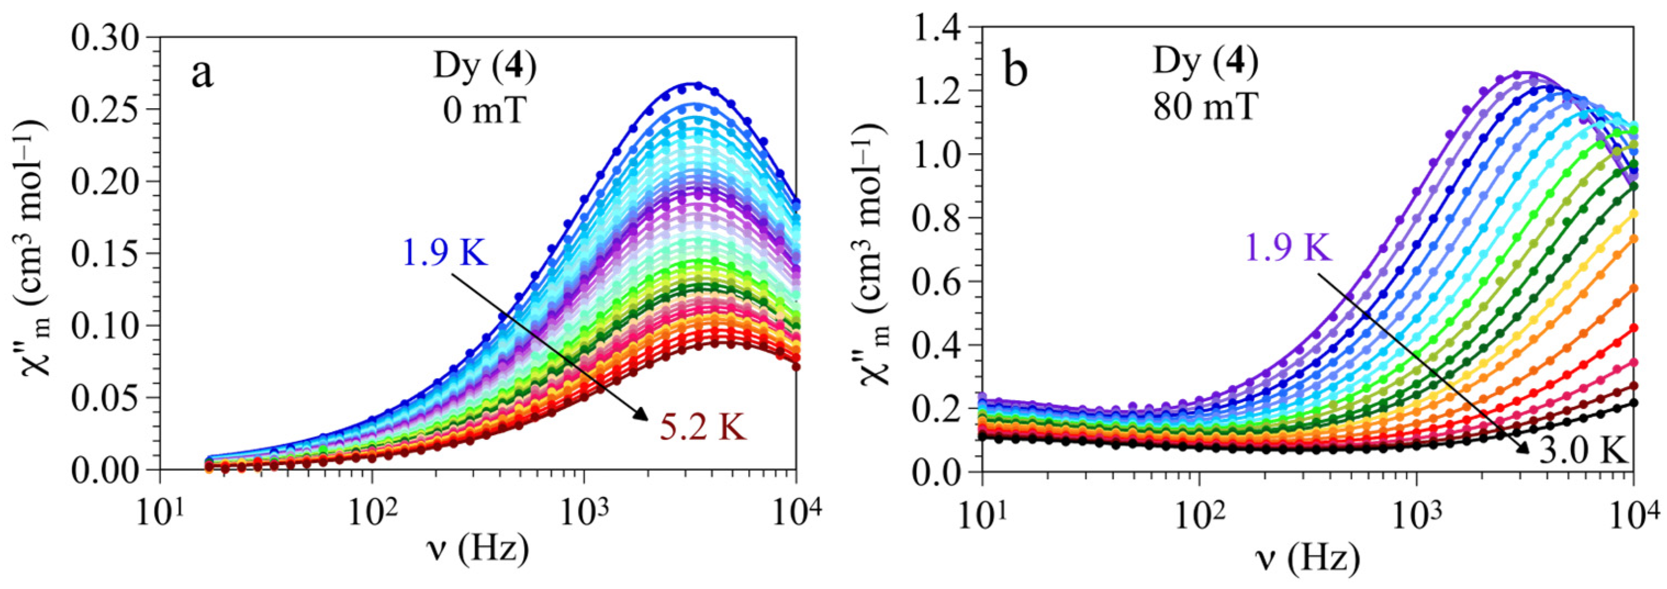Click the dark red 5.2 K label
[x=703, y=427]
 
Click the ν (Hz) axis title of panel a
[x=478, y=550]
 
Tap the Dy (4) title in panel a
[x=484, y=69]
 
